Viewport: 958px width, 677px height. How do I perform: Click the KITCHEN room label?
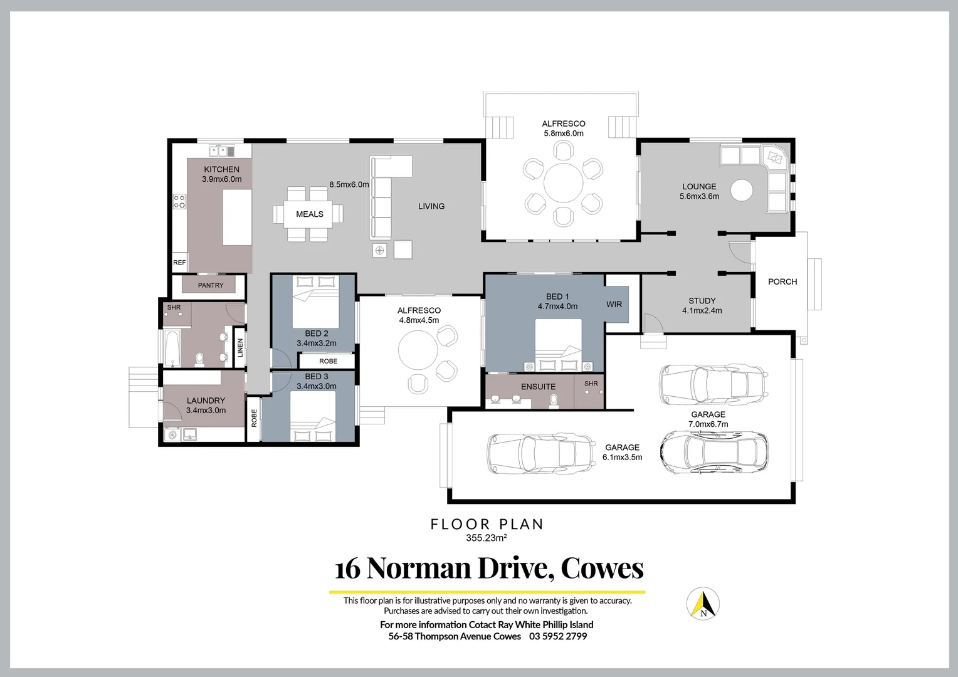(221, 169)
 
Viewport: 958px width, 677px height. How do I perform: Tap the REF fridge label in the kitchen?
(179, 263)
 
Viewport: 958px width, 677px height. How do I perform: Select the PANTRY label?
(211, 285)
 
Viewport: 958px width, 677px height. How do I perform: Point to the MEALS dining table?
(309, 214)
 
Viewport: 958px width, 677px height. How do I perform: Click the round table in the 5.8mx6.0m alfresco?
(563, 183)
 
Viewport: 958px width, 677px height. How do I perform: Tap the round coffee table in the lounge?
(742, 190)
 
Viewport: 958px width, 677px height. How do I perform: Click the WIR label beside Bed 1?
(614, 304)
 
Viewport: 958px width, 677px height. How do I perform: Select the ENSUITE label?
(538, 387)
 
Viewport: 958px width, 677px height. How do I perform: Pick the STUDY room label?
(702, 301)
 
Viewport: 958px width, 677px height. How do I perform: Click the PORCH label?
(782, 281)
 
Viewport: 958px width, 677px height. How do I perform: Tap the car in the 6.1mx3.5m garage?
(541, 453)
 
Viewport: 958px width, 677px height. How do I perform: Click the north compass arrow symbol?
(703, 604)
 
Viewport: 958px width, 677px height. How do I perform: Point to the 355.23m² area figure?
(486, 538)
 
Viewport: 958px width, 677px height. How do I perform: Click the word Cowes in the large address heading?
(602, 568)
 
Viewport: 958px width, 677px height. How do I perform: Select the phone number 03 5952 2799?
(558, 636)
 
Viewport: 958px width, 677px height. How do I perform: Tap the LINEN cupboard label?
(240, 348)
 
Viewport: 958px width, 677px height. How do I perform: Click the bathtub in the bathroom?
(172, 348)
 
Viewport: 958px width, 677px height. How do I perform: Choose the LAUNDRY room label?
(206, 401)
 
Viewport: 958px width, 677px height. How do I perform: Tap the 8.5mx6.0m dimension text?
(349, 185)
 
